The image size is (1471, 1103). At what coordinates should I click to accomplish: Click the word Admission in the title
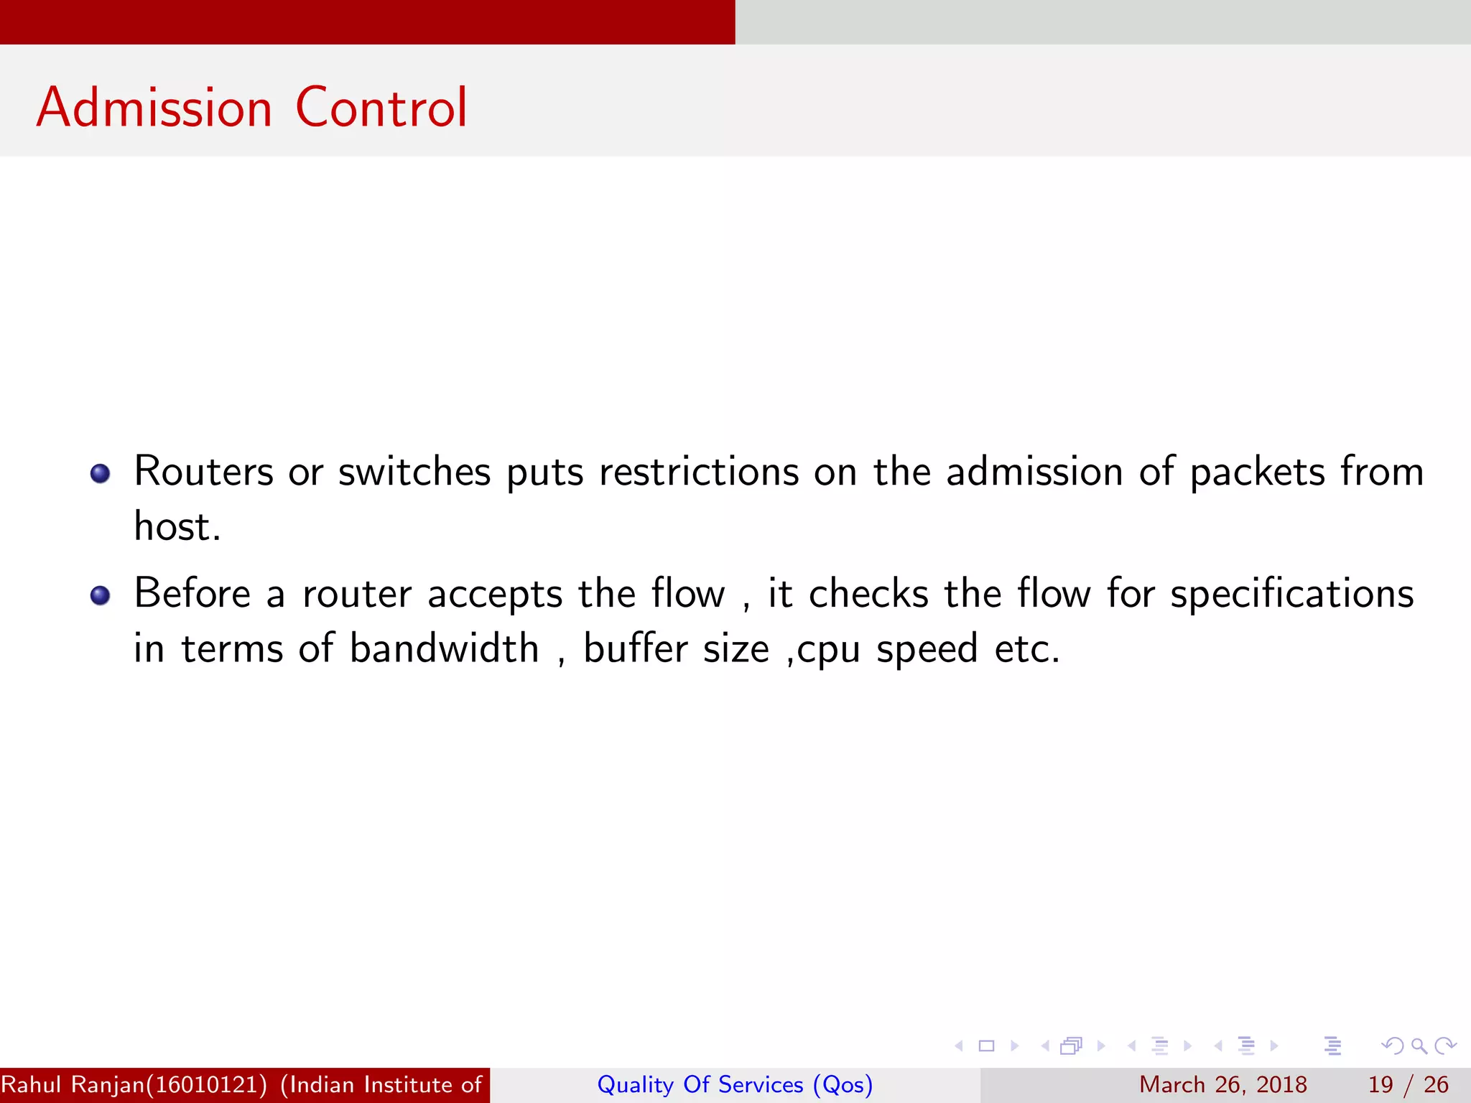point(154,108)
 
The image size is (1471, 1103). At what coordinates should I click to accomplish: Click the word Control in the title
point(381,108)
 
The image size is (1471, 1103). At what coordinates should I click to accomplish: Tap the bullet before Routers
point(100,474)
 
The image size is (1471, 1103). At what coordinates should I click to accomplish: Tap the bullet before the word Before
point(100,595)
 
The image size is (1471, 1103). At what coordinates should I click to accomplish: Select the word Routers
point(204,473)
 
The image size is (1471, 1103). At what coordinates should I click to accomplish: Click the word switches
point(414,473)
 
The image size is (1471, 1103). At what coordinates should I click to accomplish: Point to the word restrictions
point(699,473)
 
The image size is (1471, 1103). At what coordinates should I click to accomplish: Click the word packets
point(1257,473)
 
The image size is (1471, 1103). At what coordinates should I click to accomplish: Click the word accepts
point(495,595)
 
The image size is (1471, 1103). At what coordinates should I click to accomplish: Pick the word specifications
point(1292,595)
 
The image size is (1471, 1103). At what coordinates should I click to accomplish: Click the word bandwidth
point(444,649)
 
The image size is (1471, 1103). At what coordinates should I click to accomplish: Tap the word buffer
point(635,649)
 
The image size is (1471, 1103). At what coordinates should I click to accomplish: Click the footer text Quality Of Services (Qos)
point(735,1084)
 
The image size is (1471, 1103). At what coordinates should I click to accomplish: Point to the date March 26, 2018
point(1222,1084)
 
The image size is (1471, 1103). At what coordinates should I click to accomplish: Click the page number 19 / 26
point(1408,1084)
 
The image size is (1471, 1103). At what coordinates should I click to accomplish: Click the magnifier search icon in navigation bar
point(1419,1046)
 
